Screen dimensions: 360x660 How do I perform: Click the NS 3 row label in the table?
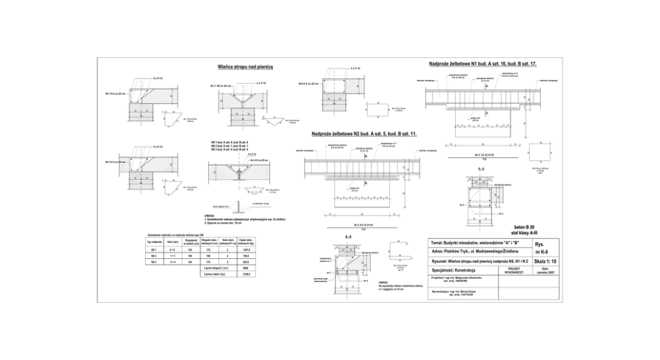pos(154,263)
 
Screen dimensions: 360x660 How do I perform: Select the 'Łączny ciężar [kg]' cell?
pos(213,273)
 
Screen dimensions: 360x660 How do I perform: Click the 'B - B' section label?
pos(349,236)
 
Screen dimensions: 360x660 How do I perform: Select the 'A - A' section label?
pos(480,169)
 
